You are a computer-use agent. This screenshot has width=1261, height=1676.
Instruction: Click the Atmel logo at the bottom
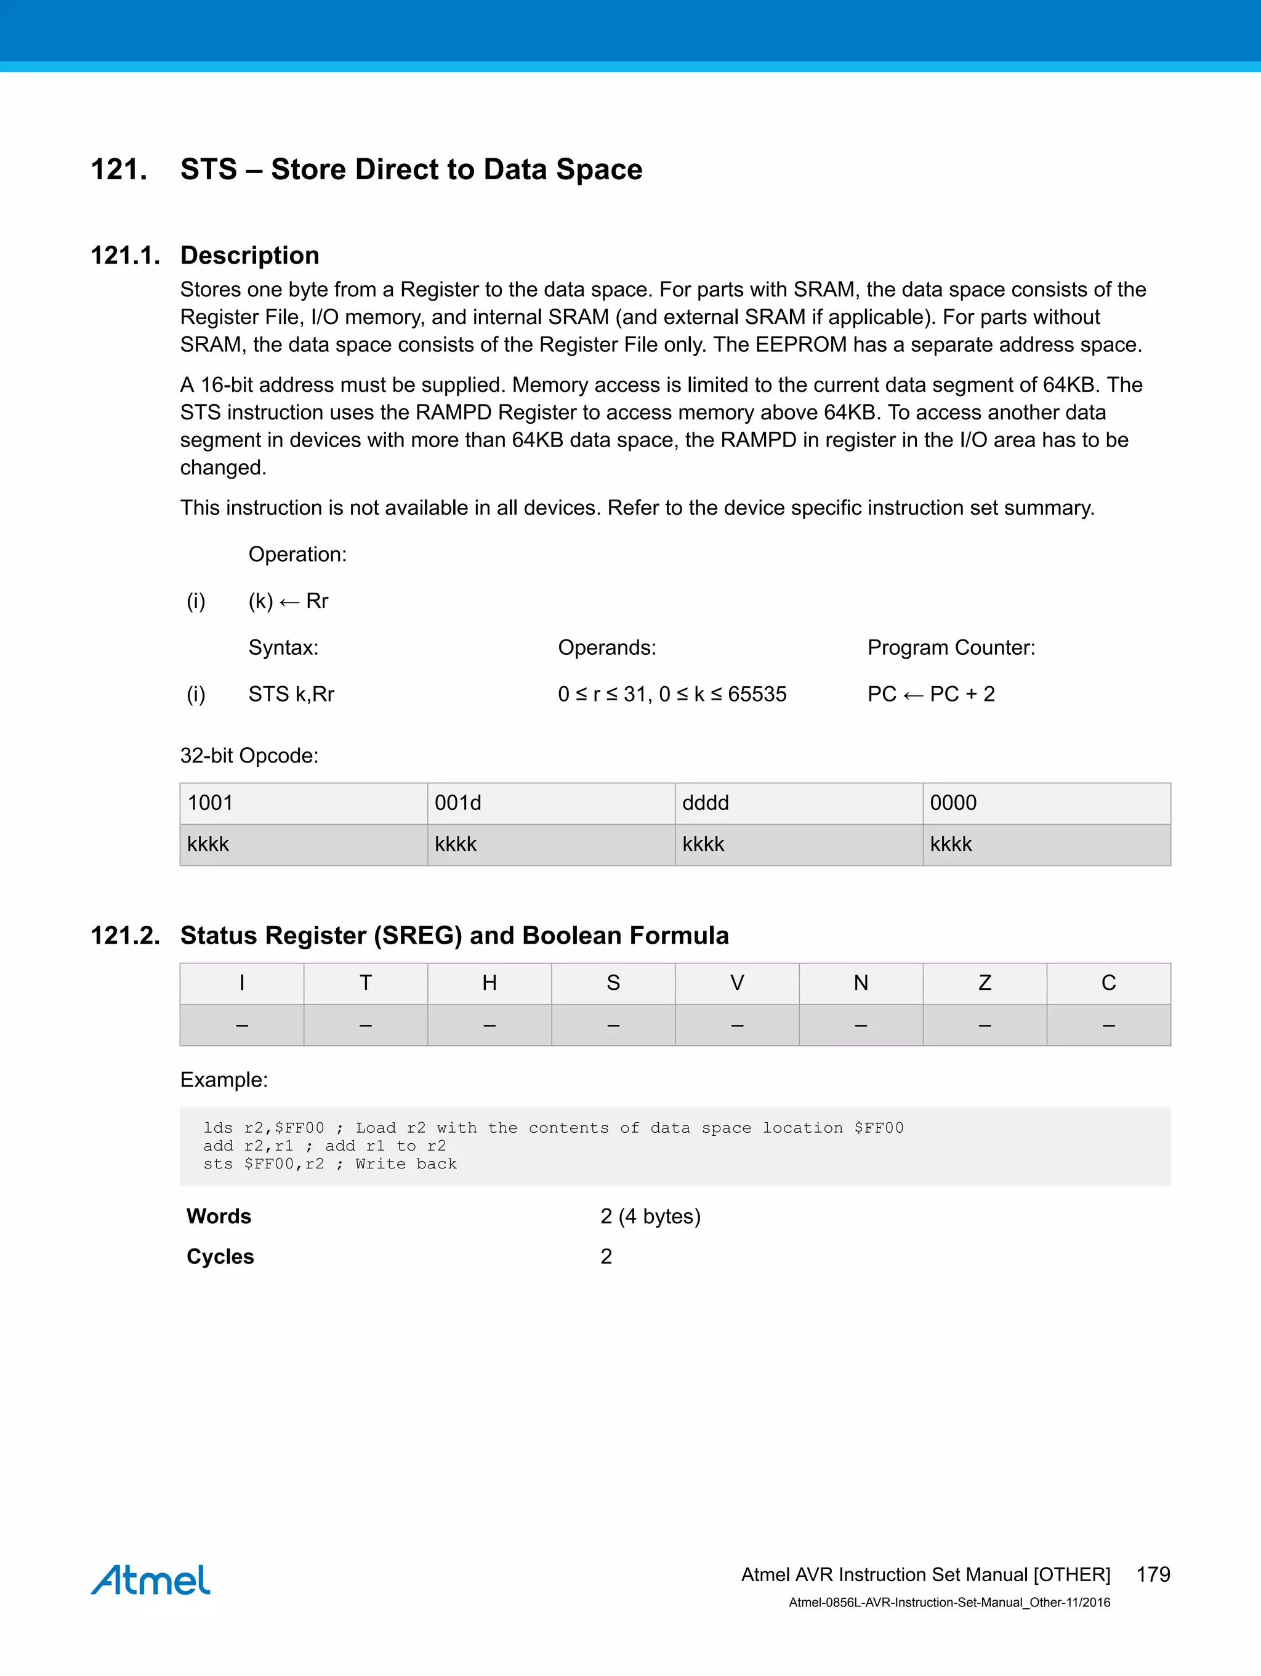click(151, 1580)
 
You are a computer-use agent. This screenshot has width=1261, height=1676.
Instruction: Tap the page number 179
click(1153, 1574)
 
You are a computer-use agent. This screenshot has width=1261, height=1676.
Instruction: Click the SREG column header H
click(489, 982)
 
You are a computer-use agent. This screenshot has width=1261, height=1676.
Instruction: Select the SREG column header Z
click(985, 982)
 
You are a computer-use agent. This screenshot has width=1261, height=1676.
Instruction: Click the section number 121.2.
click(125, 936)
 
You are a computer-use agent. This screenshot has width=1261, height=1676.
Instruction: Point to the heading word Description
click(249, 256)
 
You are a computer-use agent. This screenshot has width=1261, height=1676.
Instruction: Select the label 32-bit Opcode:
click(249, 755)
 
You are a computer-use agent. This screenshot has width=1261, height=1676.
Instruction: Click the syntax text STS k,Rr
click(291, 694)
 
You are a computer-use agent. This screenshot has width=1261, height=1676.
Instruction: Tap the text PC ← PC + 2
click(931, 694)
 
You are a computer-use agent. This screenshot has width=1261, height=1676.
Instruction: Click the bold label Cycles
click(220, 1257)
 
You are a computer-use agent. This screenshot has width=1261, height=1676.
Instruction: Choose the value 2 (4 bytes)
click(650, 1216)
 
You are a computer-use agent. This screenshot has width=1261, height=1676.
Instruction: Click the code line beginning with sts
click(329, 1164)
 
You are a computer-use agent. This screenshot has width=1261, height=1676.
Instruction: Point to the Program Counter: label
click(951, 648)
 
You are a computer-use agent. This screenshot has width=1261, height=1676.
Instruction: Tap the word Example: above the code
click(224, 1080)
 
